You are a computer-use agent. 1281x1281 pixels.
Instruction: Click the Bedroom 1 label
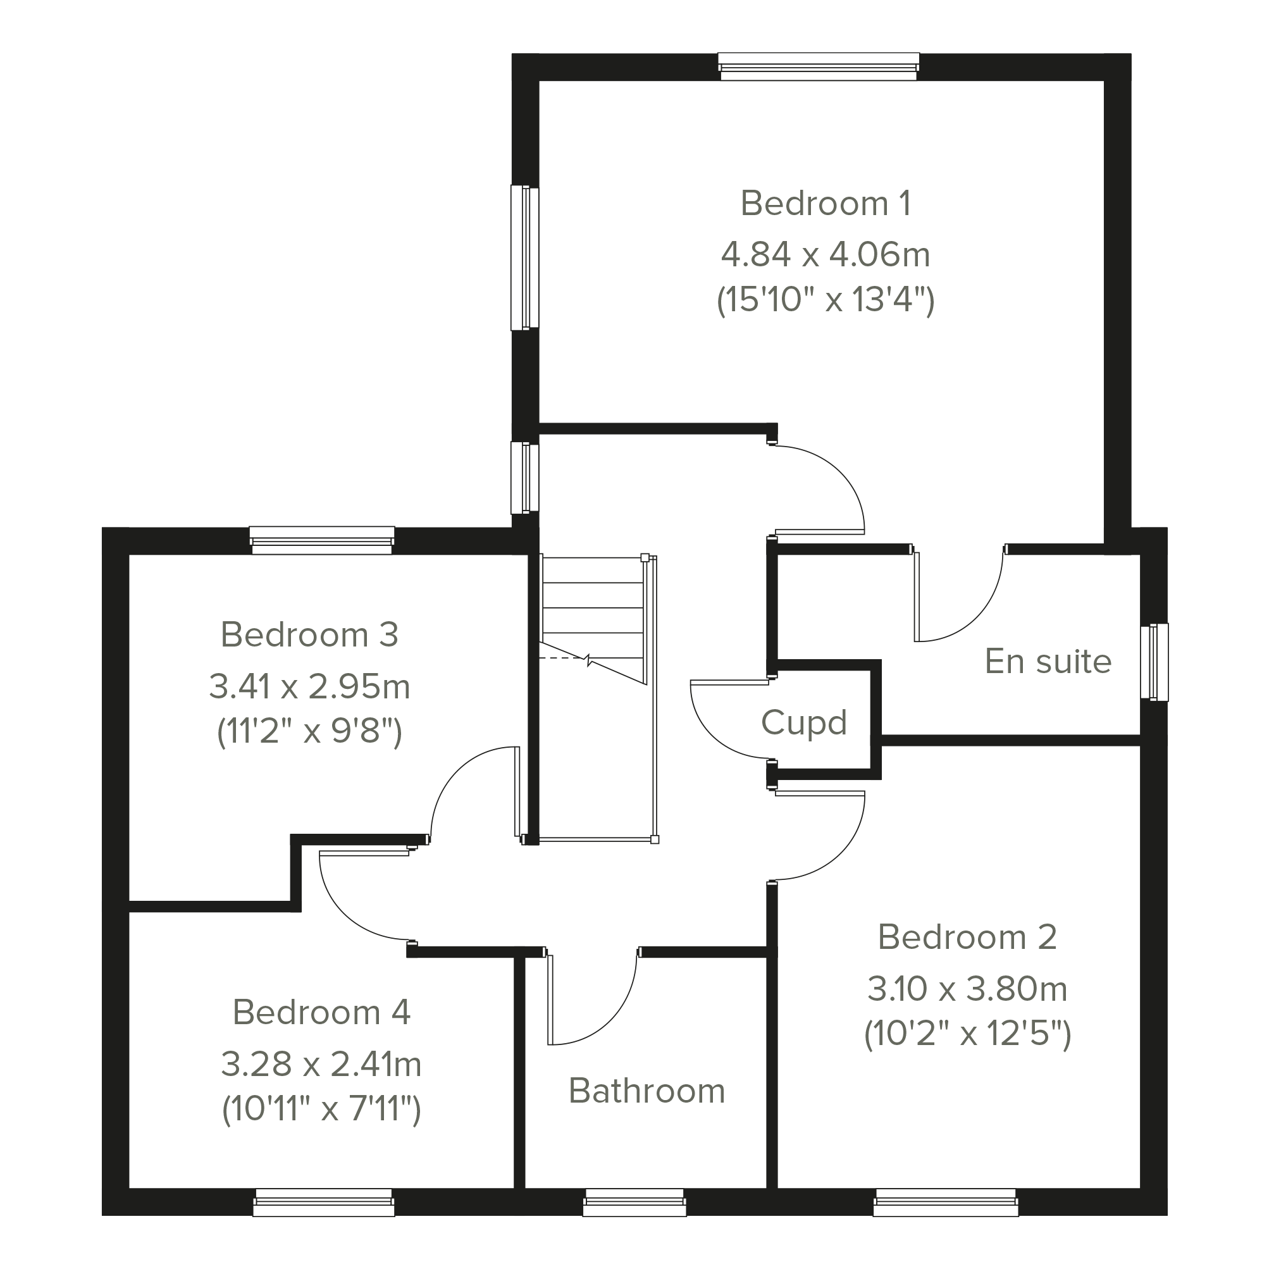826,204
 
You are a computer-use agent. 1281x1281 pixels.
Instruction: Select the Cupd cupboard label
803,722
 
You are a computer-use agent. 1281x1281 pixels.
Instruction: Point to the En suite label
1048,662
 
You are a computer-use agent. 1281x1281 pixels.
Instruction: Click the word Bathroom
647,1091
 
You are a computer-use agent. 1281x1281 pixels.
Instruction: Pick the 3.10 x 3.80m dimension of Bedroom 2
967,989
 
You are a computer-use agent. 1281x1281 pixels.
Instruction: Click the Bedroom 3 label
309,635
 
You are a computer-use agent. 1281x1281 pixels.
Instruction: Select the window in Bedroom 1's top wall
819,67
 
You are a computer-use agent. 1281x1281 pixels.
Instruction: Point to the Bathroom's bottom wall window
634,1202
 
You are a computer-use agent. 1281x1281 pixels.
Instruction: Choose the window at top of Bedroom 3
322,540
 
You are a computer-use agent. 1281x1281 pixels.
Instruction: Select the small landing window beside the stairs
524,478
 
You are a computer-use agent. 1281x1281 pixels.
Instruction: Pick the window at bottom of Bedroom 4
323,1202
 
